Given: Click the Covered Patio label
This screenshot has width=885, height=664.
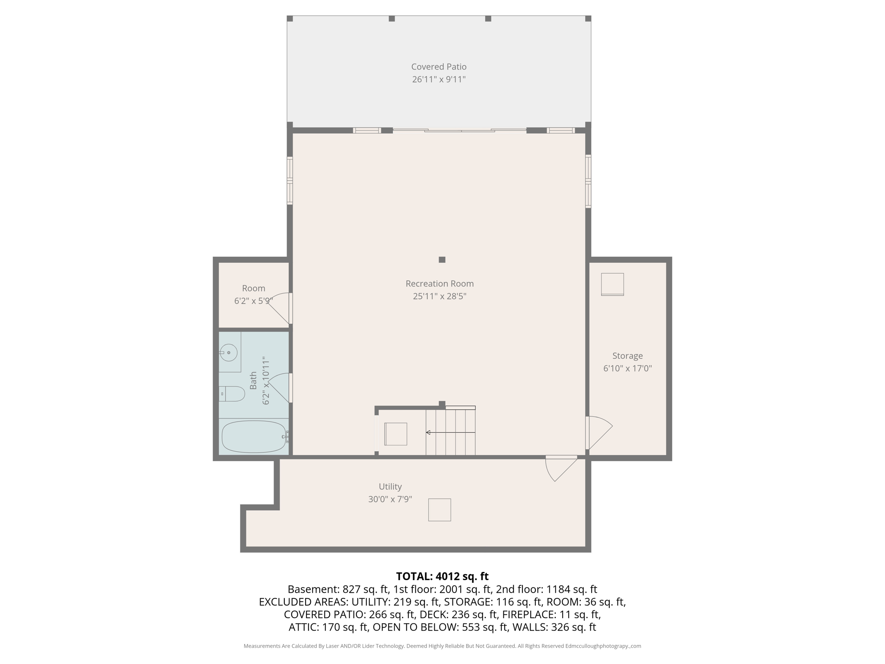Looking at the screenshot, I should coord(439,67).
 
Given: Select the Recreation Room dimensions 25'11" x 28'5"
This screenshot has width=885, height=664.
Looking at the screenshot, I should coord(439,296).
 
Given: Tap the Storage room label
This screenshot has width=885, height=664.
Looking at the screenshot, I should coord(627,356).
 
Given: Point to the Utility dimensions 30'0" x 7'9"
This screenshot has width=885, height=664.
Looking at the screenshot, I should coord(390,499).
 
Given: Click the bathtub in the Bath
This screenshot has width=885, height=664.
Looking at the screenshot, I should coord(254,437).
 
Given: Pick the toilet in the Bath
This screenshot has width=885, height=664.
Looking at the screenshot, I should coord(232,394).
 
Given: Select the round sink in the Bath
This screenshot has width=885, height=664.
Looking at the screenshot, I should coord(229,353).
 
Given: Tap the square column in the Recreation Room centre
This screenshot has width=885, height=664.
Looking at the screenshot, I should coord(442,260).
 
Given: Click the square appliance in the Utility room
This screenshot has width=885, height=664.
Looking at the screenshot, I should coord(439,510).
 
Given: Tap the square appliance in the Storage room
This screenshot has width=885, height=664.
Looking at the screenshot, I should coord(612,284).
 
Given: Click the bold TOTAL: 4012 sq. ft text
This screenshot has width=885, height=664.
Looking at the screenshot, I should coord(442,576).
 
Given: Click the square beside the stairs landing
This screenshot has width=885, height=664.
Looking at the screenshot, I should coord(395,434).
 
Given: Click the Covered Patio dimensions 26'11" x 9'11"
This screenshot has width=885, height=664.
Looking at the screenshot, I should coord(439,80).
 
